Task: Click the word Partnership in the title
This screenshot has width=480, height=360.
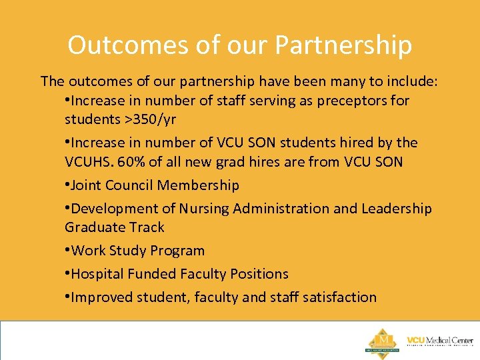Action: (x=343, y=45)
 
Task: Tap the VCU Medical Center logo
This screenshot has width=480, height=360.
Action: (x=440, y=341)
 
